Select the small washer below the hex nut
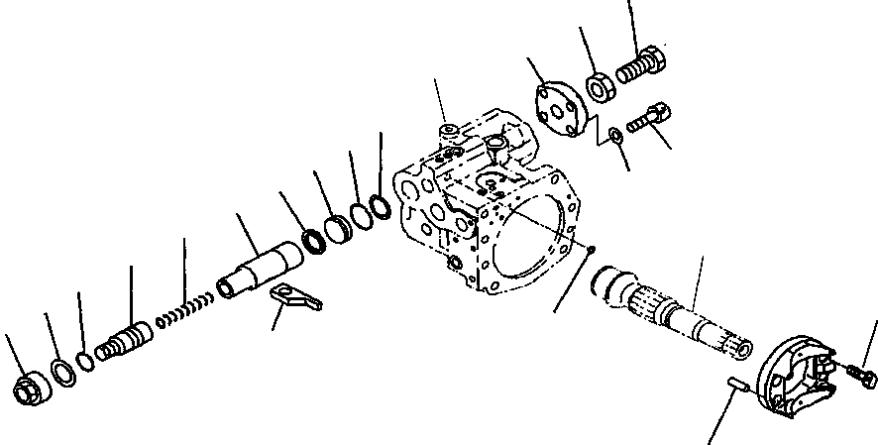point(616,134)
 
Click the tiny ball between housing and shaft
point(590,250)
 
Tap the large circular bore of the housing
point(530,233)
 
